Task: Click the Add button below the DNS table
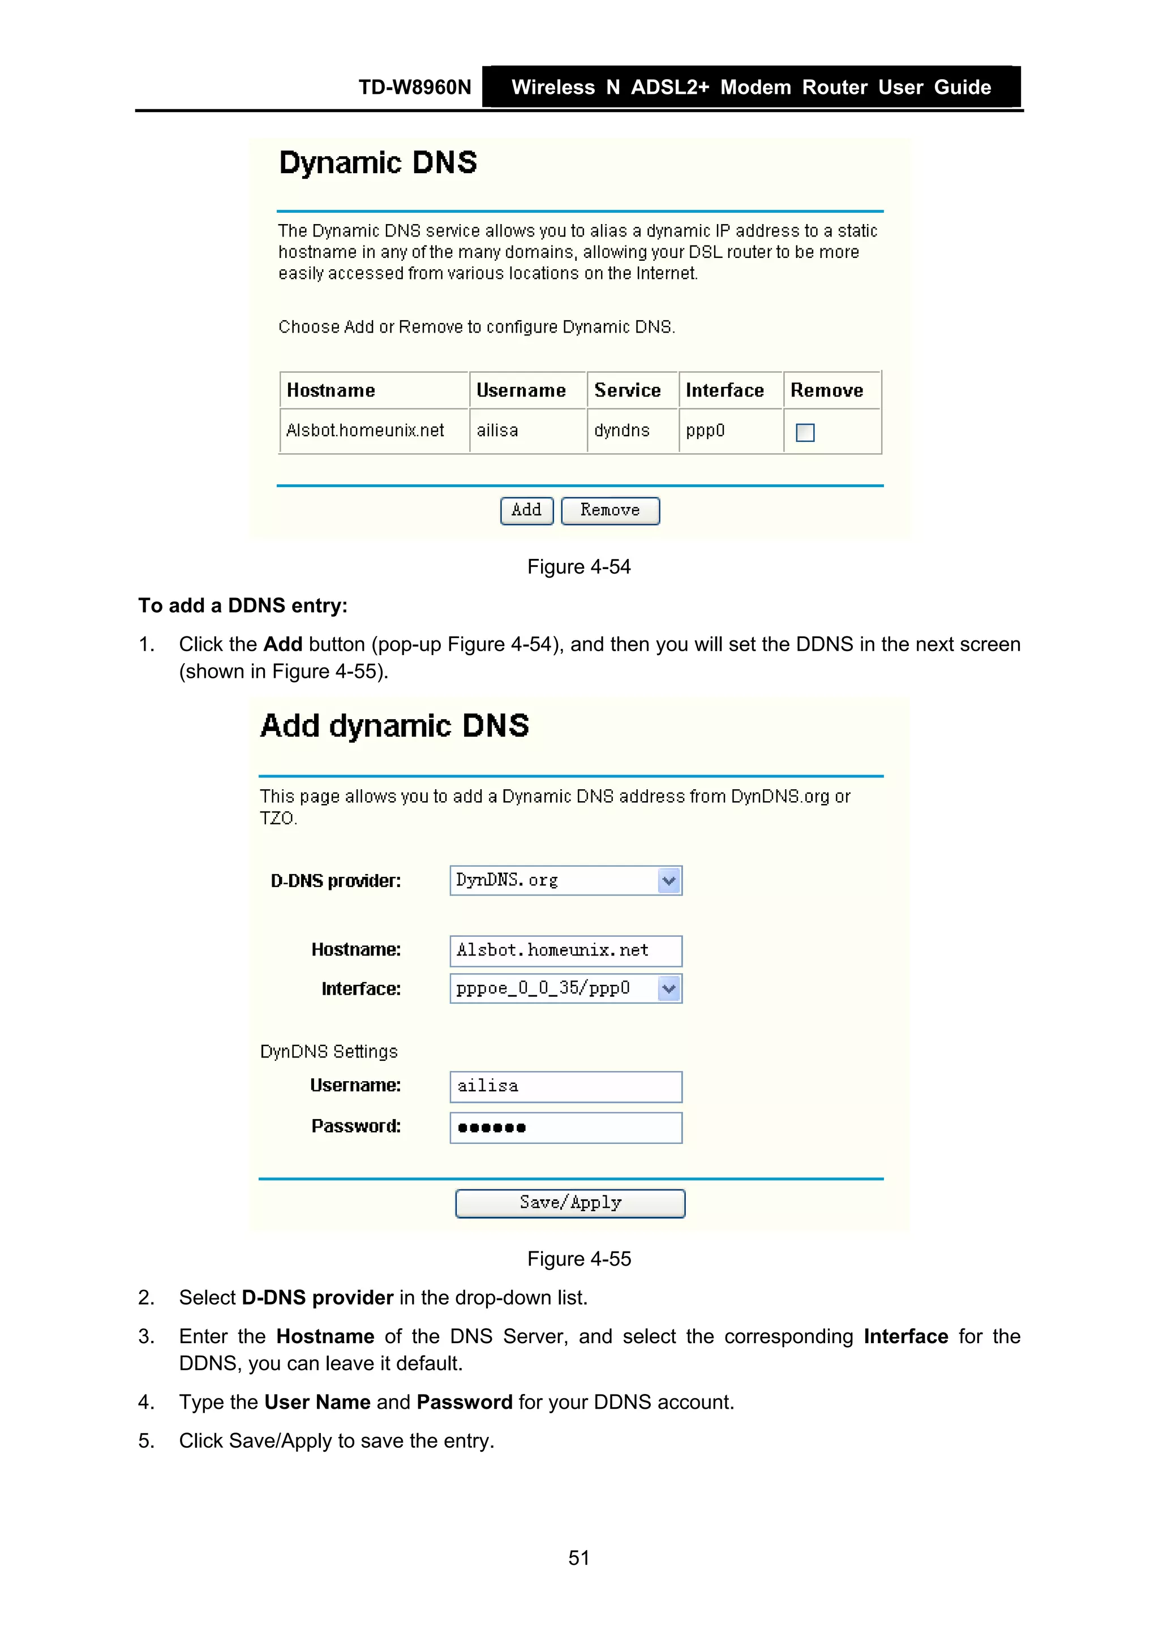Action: [x=526, y=510]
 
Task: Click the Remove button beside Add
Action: [x=610, y=510]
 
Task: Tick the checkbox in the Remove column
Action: [x=805, y=433]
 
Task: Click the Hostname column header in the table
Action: [x=330, y=390]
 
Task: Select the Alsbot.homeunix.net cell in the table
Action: [x=365, y=431]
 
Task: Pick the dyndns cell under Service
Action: [x=621, y=431]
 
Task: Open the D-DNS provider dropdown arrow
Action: [x=669, y=880]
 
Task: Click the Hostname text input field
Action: [x=565, y=950]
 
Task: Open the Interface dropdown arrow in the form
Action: [x=669, y=989]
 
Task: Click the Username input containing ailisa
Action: [x=565, y=1086]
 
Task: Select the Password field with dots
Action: [x=565, y=1128]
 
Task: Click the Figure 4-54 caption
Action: [x=579, y=567]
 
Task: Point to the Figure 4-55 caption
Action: [x=579, y=1258]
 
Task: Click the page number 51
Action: [x=579, y=1558]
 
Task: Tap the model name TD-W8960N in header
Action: [x=415, y=87]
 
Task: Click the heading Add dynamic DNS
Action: [x=395, y=726]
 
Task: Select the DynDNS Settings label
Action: [x=328, y=1052]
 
